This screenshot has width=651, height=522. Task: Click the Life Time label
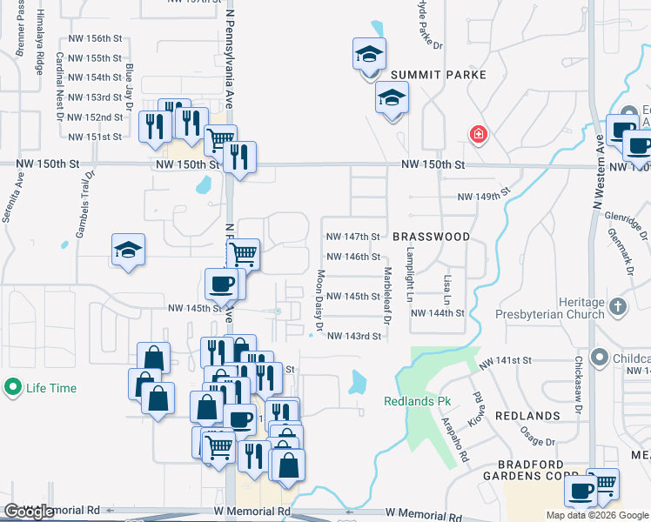point(50,388)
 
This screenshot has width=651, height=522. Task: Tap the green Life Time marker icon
point(12,388)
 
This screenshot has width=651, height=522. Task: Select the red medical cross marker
point(478,135)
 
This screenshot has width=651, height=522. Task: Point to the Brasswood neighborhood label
point(431,237)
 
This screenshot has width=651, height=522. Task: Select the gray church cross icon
point(618,307)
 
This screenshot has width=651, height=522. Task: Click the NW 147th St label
point(353,237)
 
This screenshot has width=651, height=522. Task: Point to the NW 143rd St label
point(354,336)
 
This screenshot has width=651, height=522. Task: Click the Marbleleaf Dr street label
point(388,298)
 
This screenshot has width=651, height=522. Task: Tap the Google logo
point(30,512)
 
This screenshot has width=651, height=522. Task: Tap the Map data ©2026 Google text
point(596,515)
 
